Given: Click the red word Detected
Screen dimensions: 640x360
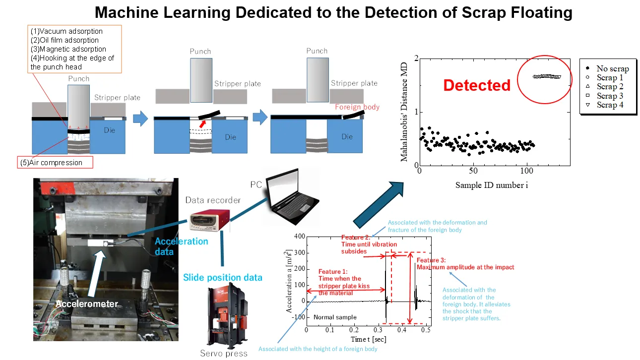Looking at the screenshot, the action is [477, 85].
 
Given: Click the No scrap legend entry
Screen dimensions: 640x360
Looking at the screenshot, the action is [607, 68].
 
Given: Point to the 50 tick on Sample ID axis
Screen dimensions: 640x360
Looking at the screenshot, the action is [473, 171].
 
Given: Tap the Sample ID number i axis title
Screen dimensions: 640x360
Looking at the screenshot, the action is [492, 185].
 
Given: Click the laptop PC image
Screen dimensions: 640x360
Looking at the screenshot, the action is [292, 196].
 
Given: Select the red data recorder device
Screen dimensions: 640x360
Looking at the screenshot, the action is [210, 220].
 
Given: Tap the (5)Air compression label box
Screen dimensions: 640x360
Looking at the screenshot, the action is [55, 163].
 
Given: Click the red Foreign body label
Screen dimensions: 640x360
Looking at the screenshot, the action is [357, 107].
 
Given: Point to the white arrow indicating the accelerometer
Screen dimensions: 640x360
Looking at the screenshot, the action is [96, 274].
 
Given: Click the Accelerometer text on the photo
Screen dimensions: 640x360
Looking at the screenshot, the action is [86, 304].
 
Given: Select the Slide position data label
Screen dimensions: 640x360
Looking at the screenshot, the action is [223, 278].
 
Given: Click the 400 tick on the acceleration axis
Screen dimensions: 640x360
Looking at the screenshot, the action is [300, 237].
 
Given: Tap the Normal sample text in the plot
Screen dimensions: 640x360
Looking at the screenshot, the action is [335, 317].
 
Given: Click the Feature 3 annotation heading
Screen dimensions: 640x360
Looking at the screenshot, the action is [431, 260].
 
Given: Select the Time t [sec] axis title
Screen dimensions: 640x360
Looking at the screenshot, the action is [369, 339].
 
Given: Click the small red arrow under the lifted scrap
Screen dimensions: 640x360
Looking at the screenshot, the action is [202, 124].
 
